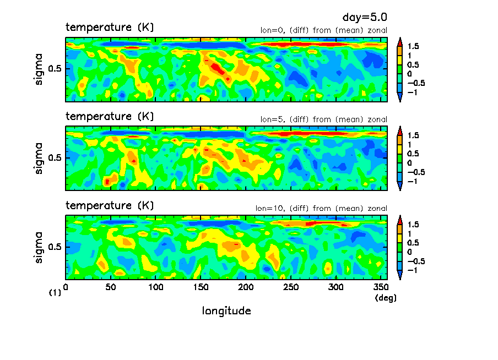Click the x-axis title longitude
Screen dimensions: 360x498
coord(226,311)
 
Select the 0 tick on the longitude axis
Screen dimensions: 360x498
coord(66,287)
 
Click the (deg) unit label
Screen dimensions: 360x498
coord(385,298)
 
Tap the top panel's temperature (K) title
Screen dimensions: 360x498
coord(110,27)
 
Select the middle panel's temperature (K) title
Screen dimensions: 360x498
coord(110,116)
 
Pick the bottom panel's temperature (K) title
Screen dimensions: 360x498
coord(110,205)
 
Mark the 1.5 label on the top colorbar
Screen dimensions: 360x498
coord(413,46)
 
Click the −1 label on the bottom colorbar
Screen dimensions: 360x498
coord(412,270)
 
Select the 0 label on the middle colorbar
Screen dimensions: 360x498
coord(409,163)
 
